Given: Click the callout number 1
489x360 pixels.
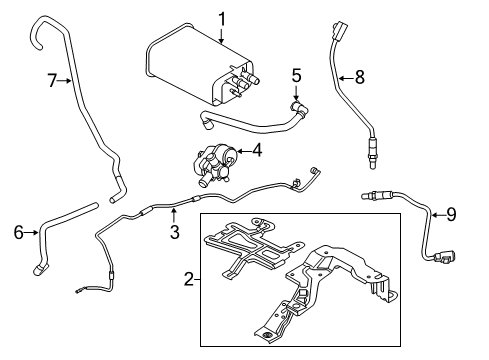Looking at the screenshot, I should pyautogui.click(x=222, y=17).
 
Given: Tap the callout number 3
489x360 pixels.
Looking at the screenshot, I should pyautogui.click(x=173, y=232).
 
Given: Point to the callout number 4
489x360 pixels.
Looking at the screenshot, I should pyautogui.click(x=257, y=153).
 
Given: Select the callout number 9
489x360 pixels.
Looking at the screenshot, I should pyautogui.click(x=450, y=213).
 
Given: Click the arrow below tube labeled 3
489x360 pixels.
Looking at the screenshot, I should pyautogui.click(x=173, y=213).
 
